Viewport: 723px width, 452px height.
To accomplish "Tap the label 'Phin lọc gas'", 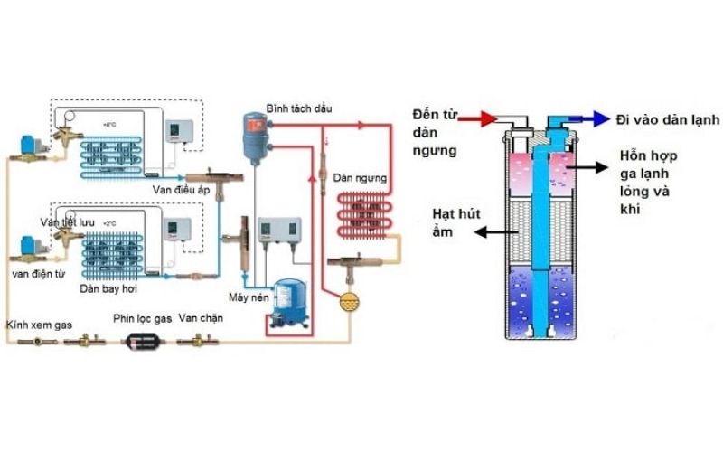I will [x=142, y=319].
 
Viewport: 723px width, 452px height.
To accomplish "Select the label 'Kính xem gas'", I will [x=38, y=323].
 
